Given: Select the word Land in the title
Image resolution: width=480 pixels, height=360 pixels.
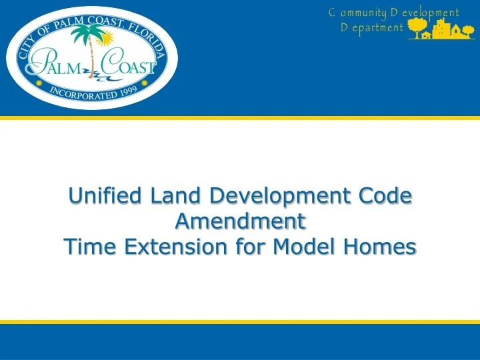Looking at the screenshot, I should [175, 196].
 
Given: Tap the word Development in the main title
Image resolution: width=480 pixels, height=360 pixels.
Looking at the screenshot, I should [280, 196].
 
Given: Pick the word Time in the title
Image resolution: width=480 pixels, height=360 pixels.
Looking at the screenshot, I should [87, 247].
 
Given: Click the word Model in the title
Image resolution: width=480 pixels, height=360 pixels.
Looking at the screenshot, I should [293, 247].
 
